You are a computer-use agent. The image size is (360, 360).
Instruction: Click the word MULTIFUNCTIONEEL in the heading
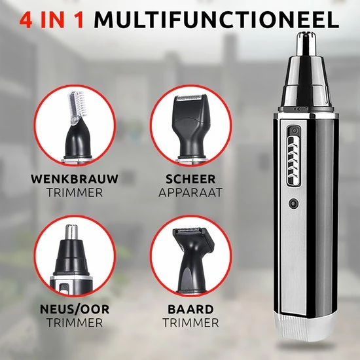click(x=216, y=20)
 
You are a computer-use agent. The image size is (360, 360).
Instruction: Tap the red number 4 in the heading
click(x=26, y=20)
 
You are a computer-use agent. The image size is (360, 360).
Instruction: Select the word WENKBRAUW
click(x=75, y=179)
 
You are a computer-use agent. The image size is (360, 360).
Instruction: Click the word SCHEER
click(x=190, y=179)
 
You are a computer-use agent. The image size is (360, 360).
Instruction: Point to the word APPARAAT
click(x=190, y=192)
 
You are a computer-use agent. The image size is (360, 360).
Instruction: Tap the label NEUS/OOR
click(x=75, y=309)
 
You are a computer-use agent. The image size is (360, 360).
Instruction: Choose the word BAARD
click(x=190, y=309)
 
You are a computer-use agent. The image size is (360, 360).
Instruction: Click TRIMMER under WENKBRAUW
click(x=75, y=192)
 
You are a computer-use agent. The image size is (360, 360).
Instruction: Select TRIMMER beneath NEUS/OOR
click(x=75, y=323)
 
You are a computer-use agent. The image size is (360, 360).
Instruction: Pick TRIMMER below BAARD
click(x=190, y=323)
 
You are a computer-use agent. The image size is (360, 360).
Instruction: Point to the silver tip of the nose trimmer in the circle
click(x=71, y=232)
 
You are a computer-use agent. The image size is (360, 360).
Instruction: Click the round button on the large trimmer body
click(x=294, y=204)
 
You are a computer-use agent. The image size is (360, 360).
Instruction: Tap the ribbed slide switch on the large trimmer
click(x=293, y=161)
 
